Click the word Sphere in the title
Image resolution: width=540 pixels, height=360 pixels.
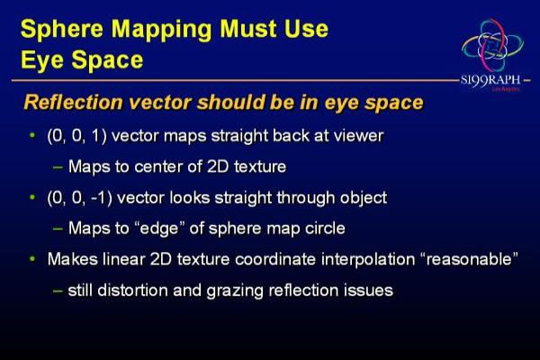coord(62,29)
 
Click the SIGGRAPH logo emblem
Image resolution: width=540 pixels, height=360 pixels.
coord(492,44)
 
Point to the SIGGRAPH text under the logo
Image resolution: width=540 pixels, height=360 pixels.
coord(490,81)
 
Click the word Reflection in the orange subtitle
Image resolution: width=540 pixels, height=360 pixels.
coord(74,103)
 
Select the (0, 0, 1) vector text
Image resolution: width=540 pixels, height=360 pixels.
coord(76,136)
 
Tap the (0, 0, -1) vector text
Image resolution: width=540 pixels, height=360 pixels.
coord(79,198)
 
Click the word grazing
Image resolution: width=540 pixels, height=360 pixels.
coord(235,291)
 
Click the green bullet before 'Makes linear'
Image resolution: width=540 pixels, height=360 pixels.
coord(32,258)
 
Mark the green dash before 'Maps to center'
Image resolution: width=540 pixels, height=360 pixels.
coord(58,167)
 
